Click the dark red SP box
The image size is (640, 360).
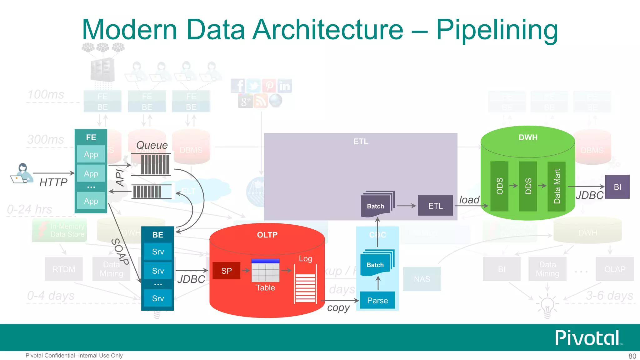click(226, 271)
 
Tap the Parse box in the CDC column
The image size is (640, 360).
click(377, 300)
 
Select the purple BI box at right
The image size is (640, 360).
click(617, 187)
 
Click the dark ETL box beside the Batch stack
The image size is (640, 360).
click(435, 206)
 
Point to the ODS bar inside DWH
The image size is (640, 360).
click(499, 186)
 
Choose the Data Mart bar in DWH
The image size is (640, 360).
click(557, 186)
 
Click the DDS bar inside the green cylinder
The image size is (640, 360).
click(528, 186)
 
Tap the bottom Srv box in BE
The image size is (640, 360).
click(158, 298)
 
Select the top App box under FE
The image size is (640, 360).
click(91, 154)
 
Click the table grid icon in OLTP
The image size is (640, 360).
click(265, 270)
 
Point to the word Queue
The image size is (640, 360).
click(152, 145)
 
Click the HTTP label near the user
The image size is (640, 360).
click(53, 182)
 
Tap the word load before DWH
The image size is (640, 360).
click(469, 200)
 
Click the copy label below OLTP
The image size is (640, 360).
click(338, 308)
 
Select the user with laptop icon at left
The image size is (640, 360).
click(22, 174)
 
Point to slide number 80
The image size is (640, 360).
click(632, 356)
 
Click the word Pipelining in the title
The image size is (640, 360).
click(497, 30)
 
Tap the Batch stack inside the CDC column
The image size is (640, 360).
click(377, 263)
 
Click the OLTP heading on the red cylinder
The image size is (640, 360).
click(267, 235)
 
